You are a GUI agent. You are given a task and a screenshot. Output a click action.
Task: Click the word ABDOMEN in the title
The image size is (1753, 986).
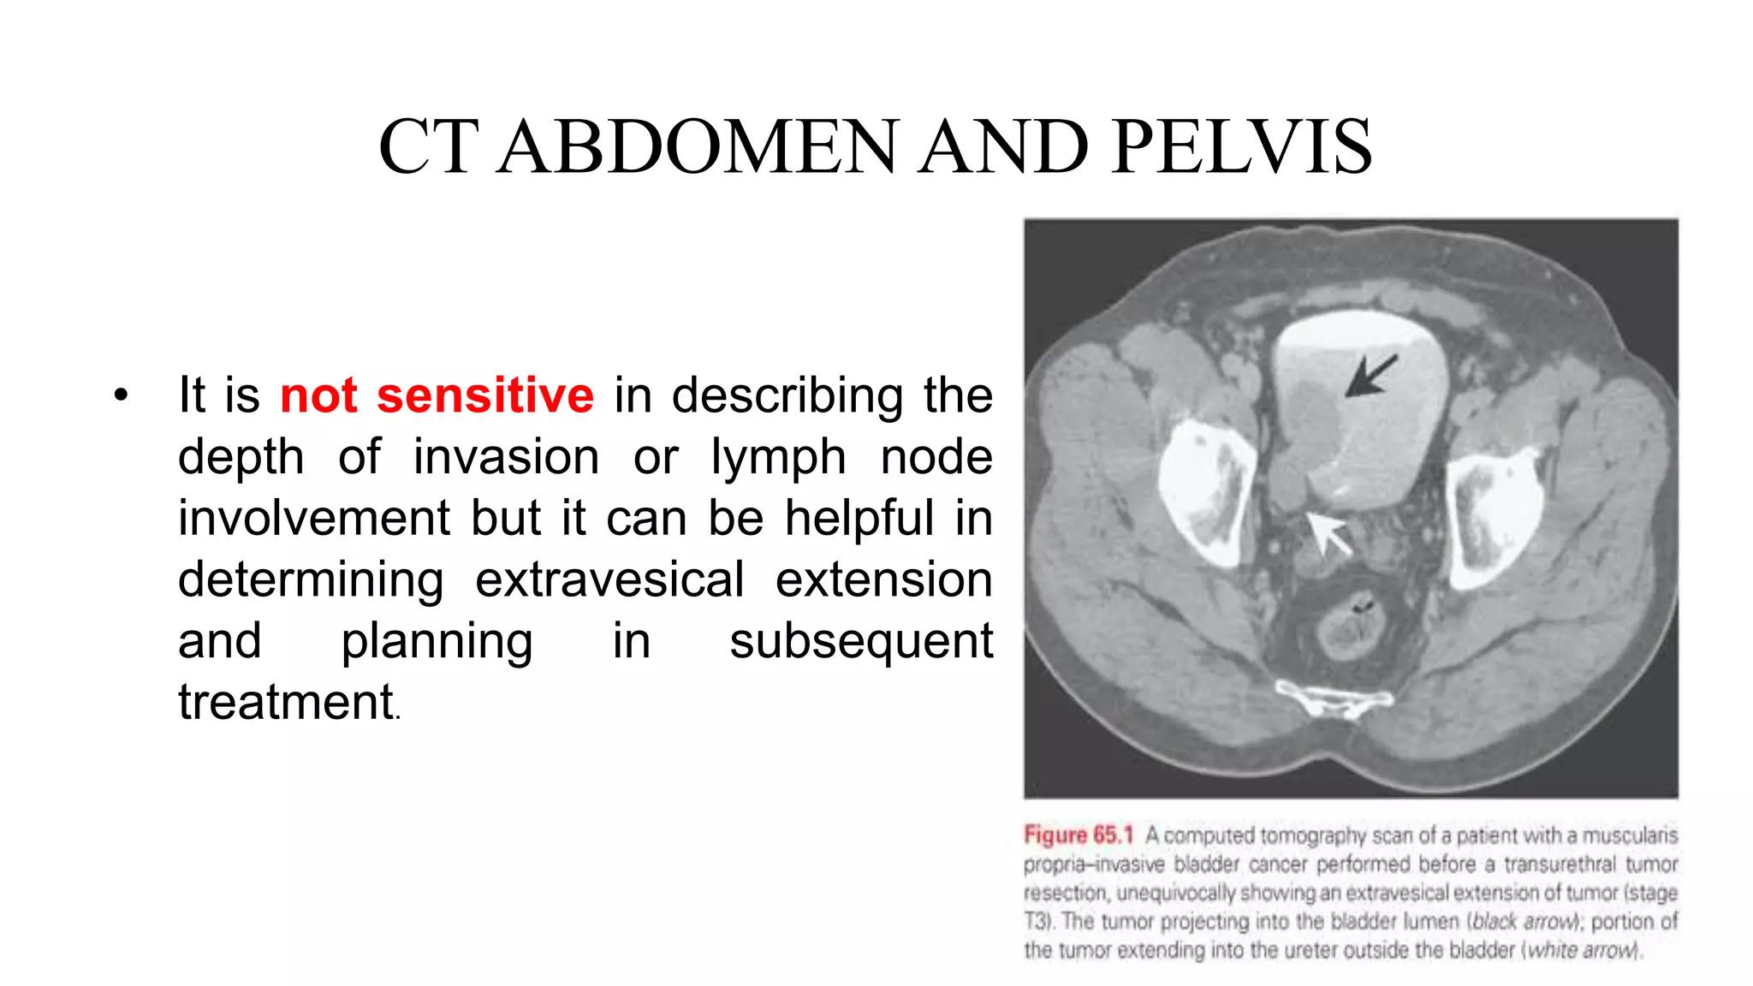click(698, 147)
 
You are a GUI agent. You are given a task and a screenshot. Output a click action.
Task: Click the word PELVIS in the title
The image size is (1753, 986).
click(1242, 147)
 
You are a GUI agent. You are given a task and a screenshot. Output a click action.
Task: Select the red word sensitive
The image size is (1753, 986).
click(485, 395)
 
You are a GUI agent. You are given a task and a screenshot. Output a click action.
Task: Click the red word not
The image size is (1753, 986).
click(318, 395)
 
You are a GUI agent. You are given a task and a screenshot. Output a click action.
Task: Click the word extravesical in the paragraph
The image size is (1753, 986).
click(609, 579)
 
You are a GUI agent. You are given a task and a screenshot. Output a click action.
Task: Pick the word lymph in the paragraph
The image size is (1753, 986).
click(778, 457)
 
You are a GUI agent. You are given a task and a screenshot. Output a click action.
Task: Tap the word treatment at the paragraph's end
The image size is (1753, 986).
click(286, 703)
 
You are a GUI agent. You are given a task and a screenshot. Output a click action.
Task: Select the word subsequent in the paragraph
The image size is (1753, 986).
click(860, 641)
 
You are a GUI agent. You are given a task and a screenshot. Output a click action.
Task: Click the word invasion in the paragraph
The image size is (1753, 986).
click(506, 457)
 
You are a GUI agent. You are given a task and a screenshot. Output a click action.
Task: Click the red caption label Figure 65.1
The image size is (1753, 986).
click(1078, 835)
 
